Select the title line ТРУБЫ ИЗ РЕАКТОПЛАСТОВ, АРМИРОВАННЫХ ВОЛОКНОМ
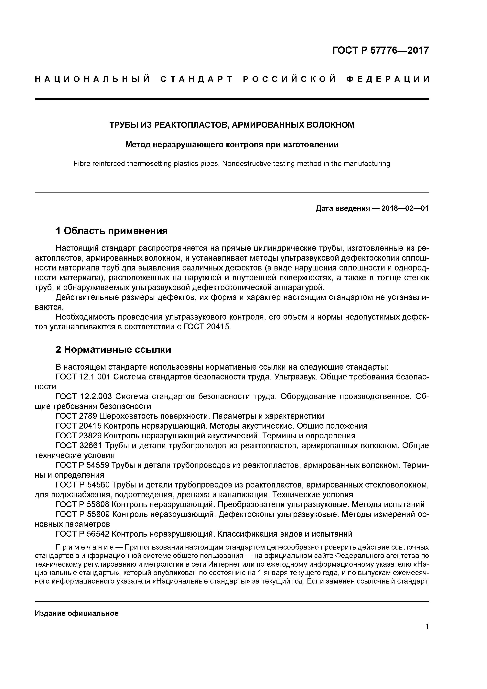coord(232,125)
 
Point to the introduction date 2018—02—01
coord(405,208)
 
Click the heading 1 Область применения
coord(112,231)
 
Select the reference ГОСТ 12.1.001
coord(83,377)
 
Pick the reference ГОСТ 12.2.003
coord(84,397)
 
